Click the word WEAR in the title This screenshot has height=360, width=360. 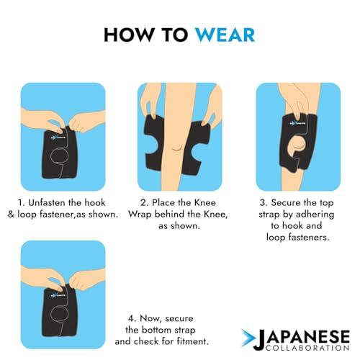(x=225, y=35)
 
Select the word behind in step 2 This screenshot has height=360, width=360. (x=170, y=214)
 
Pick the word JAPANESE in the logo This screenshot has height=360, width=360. (x=302, y=338)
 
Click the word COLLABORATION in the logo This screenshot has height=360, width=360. (x=307, y=347)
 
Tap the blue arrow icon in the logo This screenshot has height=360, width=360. (x=248, y=338)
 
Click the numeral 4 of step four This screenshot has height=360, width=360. (x=131, y=319)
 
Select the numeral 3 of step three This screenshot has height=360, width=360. (x=262, y=203)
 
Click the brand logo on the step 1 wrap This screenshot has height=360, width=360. (x=58, y=138)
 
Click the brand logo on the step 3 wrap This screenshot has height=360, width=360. (x=297, y=124)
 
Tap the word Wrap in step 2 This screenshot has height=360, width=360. (x=140, y=215)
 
